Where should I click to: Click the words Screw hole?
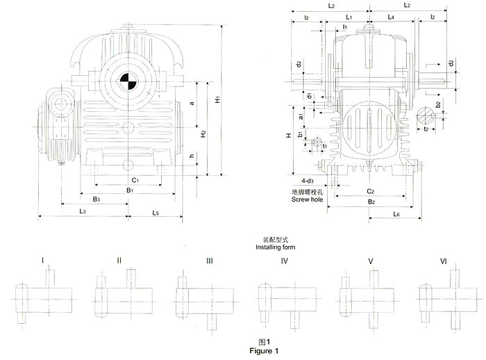point(306,199)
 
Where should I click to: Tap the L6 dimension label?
point(396,214)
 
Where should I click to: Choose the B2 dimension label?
point(371,202)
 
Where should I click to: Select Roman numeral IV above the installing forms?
point(285,261)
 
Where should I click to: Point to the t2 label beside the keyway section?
point(425,129)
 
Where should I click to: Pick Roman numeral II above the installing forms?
point(119,261)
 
